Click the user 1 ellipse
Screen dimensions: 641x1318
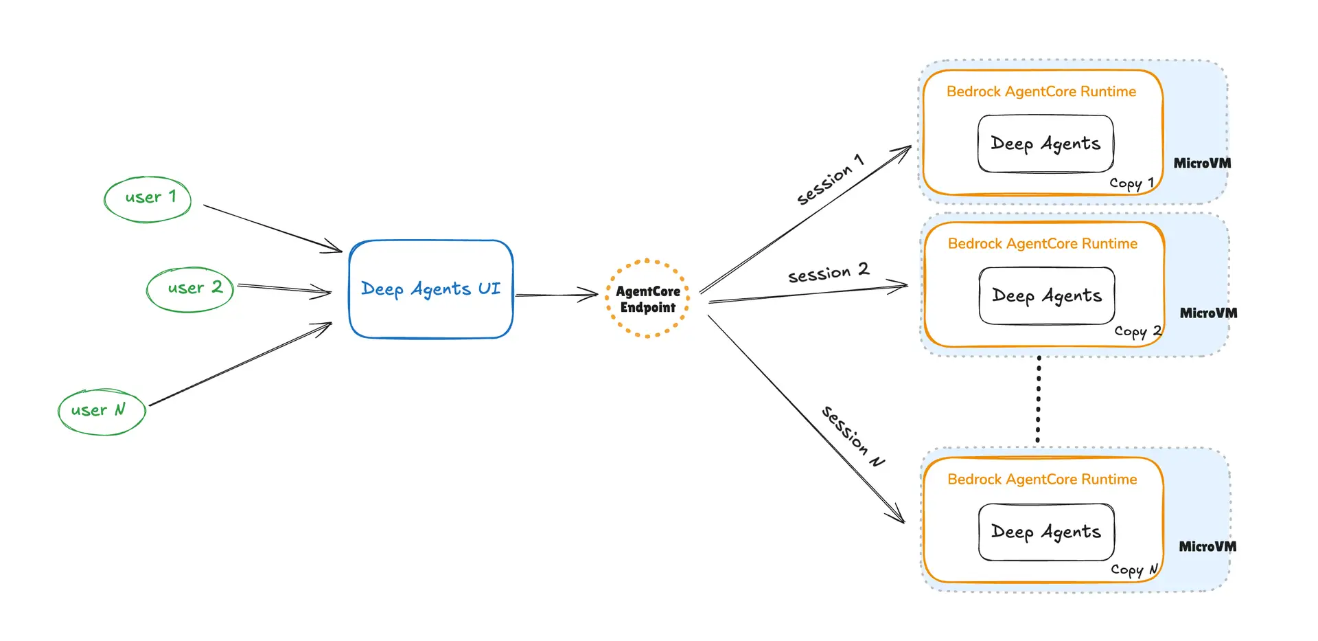pos(148,199)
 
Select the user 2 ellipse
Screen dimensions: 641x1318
pos(190,289)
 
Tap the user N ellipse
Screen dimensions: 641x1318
pos(102,412)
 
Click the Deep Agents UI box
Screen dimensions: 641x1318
pos(430,289)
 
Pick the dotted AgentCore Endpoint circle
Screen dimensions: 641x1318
pos(647,299)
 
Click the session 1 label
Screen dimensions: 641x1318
pos(829,180)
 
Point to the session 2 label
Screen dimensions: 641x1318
pos(828,273)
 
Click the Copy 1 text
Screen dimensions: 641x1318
pos(1131,183)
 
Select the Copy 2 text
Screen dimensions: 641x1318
pos(1137,331)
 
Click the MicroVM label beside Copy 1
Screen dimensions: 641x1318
pos(1201,164)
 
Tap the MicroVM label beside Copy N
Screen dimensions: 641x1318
pos(1207,547)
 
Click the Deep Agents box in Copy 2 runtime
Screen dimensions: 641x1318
pos(1046,296)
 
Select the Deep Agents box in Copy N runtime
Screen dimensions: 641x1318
pos(1045,532)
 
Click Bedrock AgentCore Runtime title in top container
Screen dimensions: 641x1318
pos(1041,92)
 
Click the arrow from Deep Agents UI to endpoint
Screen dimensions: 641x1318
pos(556,295)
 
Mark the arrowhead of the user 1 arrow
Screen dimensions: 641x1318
pos(336,249)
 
